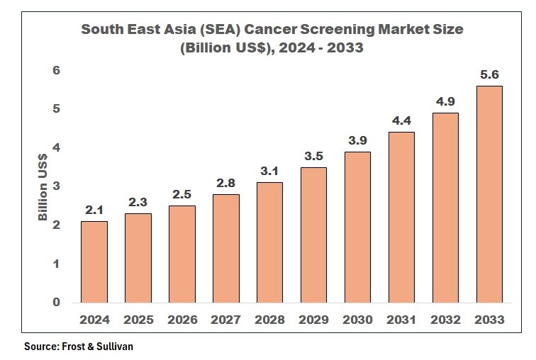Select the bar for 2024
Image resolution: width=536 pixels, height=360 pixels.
[x=94, y=261]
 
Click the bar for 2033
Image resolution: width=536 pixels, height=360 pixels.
[x=489, y=194]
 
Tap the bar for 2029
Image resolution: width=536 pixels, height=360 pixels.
[x=314, y=235]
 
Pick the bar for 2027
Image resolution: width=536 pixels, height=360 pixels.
[x=226, y=248]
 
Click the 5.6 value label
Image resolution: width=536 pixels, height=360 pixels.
[x=489, y=74]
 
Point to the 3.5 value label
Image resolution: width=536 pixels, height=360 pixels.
[x=314, y=156]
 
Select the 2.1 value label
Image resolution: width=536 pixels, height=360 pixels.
[x=94, y=210]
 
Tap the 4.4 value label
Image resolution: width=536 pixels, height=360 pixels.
[x=402, y=120]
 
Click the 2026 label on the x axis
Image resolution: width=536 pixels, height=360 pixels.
[x=182, y=320]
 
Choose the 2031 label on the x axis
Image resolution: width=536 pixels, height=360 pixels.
[x=402, y=320]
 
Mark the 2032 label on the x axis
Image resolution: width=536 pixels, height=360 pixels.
[x=446, y=320]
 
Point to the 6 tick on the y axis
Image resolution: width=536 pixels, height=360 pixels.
[x=57, y=71]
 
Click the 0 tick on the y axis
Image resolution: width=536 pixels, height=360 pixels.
[x=57, y=303]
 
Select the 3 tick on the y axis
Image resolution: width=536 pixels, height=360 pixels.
[x=57, y=186]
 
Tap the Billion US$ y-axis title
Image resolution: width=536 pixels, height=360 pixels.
[x=43, y=186]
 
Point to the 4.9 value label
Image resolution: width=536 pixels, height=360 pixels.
[x=446, y=101]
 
